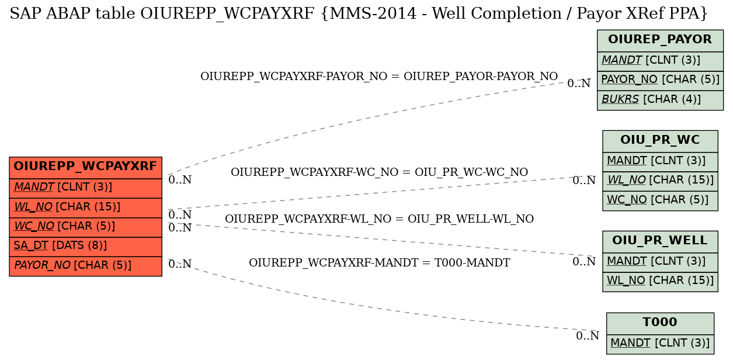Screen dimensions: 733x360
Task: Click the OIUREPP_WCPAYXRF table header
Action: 85,168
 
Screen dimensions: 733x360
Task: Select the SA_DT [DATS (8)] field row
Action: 85,247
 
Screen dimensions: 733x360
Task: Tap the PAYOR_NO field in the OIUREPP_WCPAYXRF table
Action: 85,266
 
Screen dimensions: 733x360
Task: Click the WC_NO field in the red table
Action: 85,227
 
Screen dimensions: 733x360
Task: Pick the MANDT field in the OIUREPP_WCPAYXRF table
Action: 85,188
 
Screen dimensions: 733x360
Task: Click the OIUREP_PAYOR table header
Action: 660,41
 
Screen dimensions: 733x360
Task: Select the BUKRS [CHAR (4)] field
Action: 660,101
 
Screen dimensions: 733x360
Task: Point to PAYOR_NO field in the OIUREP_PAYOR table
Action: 660,81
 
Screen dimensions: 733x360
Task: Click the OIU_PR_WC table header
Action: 660,141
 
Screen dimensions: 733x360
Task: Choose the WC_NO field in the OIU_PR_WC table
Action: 660,201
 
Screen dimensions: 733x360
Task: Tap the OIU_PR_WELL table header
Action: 660,241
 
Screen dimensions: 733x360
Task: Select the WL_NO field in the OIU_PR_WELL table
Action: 660,282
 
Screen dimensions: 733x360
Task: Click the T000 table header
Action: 660,323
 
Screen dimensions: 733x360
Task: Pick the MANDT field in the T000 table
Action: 660,344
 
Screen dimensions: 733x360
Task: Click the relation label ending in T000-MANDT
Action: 379,262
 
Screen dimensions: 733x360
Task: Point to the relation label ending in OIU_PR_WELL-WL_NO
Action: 379,219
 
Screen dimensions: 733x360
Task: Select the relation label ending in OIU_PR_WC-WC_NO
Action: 379,172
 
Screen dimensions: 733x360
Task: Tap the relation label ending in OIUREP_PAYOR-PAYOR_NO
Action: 379,76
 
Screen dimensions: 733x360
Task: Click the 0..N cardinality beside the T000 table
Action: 588,336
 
